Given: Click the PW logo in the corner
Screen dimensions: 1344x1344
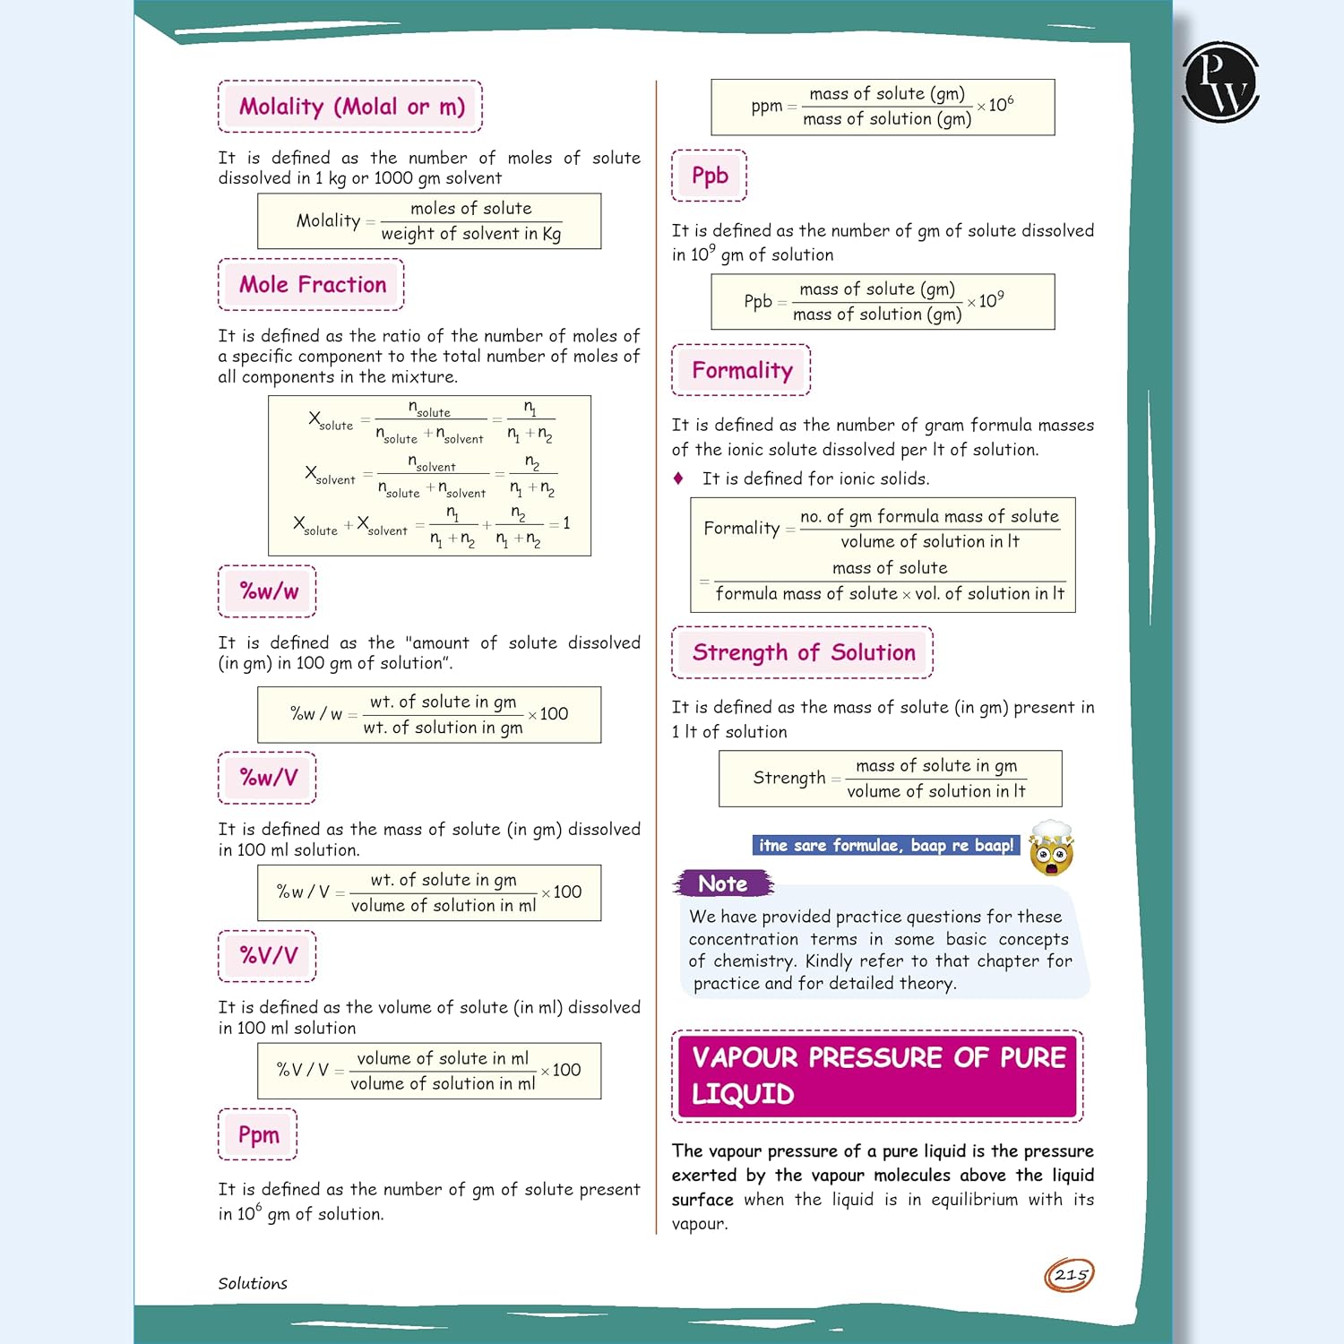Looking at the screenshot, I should click(x=1220, y=82).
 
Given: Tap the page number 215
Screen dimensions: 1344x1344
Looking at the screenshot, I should click(x=1070, y=1275).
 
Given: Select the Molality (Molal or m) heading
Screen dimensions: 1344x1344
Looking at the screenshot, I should click(x=350, y=107).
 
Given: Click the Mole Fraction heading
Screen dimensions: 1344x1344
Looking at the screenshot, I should click(x=311, y=285).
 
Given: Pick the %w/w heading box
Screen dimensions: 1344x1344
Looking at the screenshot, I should click(x=267, y=591).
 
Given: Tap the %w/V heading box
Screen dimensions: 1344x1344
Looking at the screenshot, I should click(x=267, y=778).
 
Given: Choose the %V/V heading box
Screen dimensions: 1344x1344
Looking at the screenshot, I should click(x=267, y=956).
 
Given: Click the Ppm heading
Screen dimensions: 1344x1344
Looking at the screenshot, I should click(x=258, y=1134).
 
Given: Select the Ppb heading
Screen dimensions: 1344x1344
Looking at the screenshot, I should click(x=709, y=176).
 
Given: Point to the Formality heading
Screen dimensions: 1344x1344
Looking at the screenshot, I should click(x=741, y=370).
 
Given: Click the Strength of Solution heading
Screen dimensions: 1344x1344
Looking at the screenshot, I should click(x=803, y=652).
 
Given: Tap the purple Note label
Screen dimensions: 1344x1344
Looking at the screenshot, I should click(x=723, y=884).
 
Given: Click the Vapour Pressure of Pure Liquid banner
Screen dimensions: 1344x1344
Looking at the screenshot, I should click(x=877, y=1076).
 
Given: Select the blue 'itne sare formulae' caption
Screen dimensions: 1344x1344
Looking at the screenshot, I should click(x=886, y=846).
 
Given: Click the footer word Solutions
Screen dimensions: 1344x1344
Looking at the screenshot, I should click(x=253, y=1284).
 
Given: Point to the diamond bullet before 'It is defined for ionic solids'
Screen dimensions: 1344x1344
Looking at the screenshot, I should click(x=678, y=478).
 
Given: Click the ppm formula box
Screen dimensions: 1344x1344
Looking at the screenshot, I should click(x=883, y=108).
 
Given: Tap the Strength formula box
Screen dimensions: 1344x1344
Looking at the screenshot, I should click(x=890, y=779).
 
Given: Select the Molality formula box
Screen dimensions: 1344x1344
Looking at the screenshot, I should click(x=429, y=221).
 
